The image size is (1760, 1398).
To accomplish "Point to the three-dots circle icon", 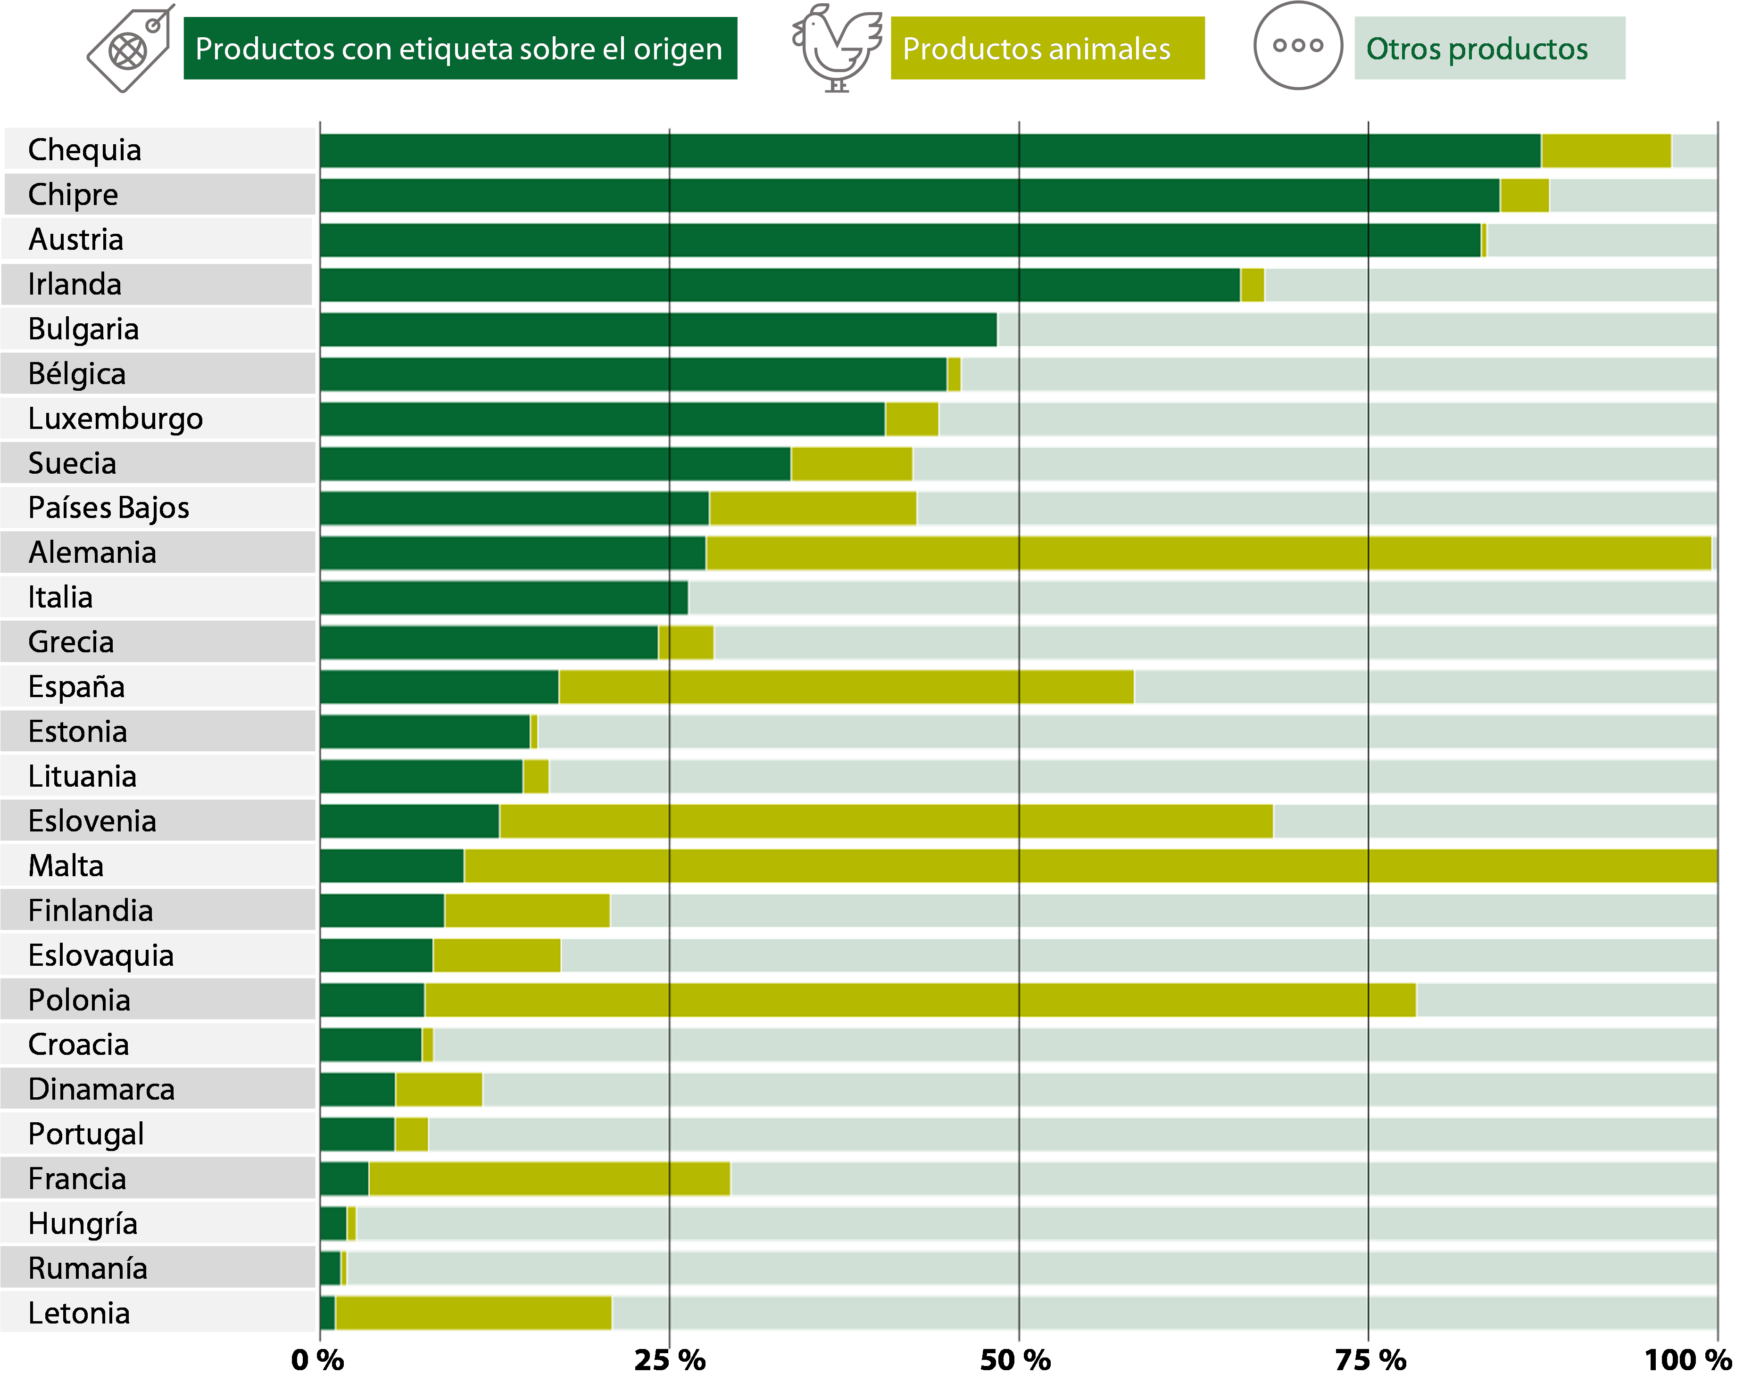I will (1298, 46).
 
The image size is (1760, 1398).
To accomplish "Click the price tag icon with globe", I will (131, 49).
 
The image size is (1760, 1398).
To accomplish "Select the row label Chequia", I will (85, 150).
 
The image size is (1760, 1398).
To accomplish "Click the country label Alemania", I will (92, 552).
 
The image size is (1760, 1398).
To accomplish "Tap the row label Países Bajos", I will (108, 508).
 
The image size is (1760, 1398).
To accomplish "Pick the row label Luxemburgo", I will (115, 419).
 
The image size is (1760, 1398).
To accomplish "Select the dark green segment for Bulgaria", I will (658, 330).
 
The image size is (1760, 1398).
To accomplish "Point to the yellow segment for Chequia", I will (1606, 151).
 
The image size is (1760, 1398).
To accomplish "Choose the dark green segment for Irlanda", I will (780, 285).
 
